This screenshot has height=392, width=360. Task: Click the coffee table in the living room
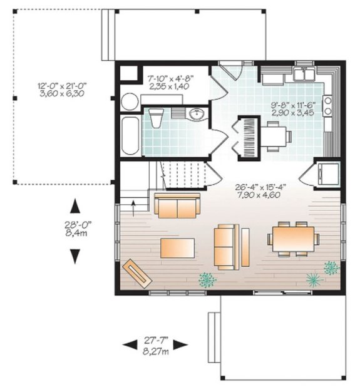point(178,247)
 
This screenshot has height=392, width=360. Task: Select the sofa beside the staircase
point(178,205)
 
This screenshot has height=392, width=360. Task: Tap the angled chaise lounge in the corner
point(138,272)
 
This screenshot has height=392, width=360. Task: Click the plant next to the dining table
point(331,268)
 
